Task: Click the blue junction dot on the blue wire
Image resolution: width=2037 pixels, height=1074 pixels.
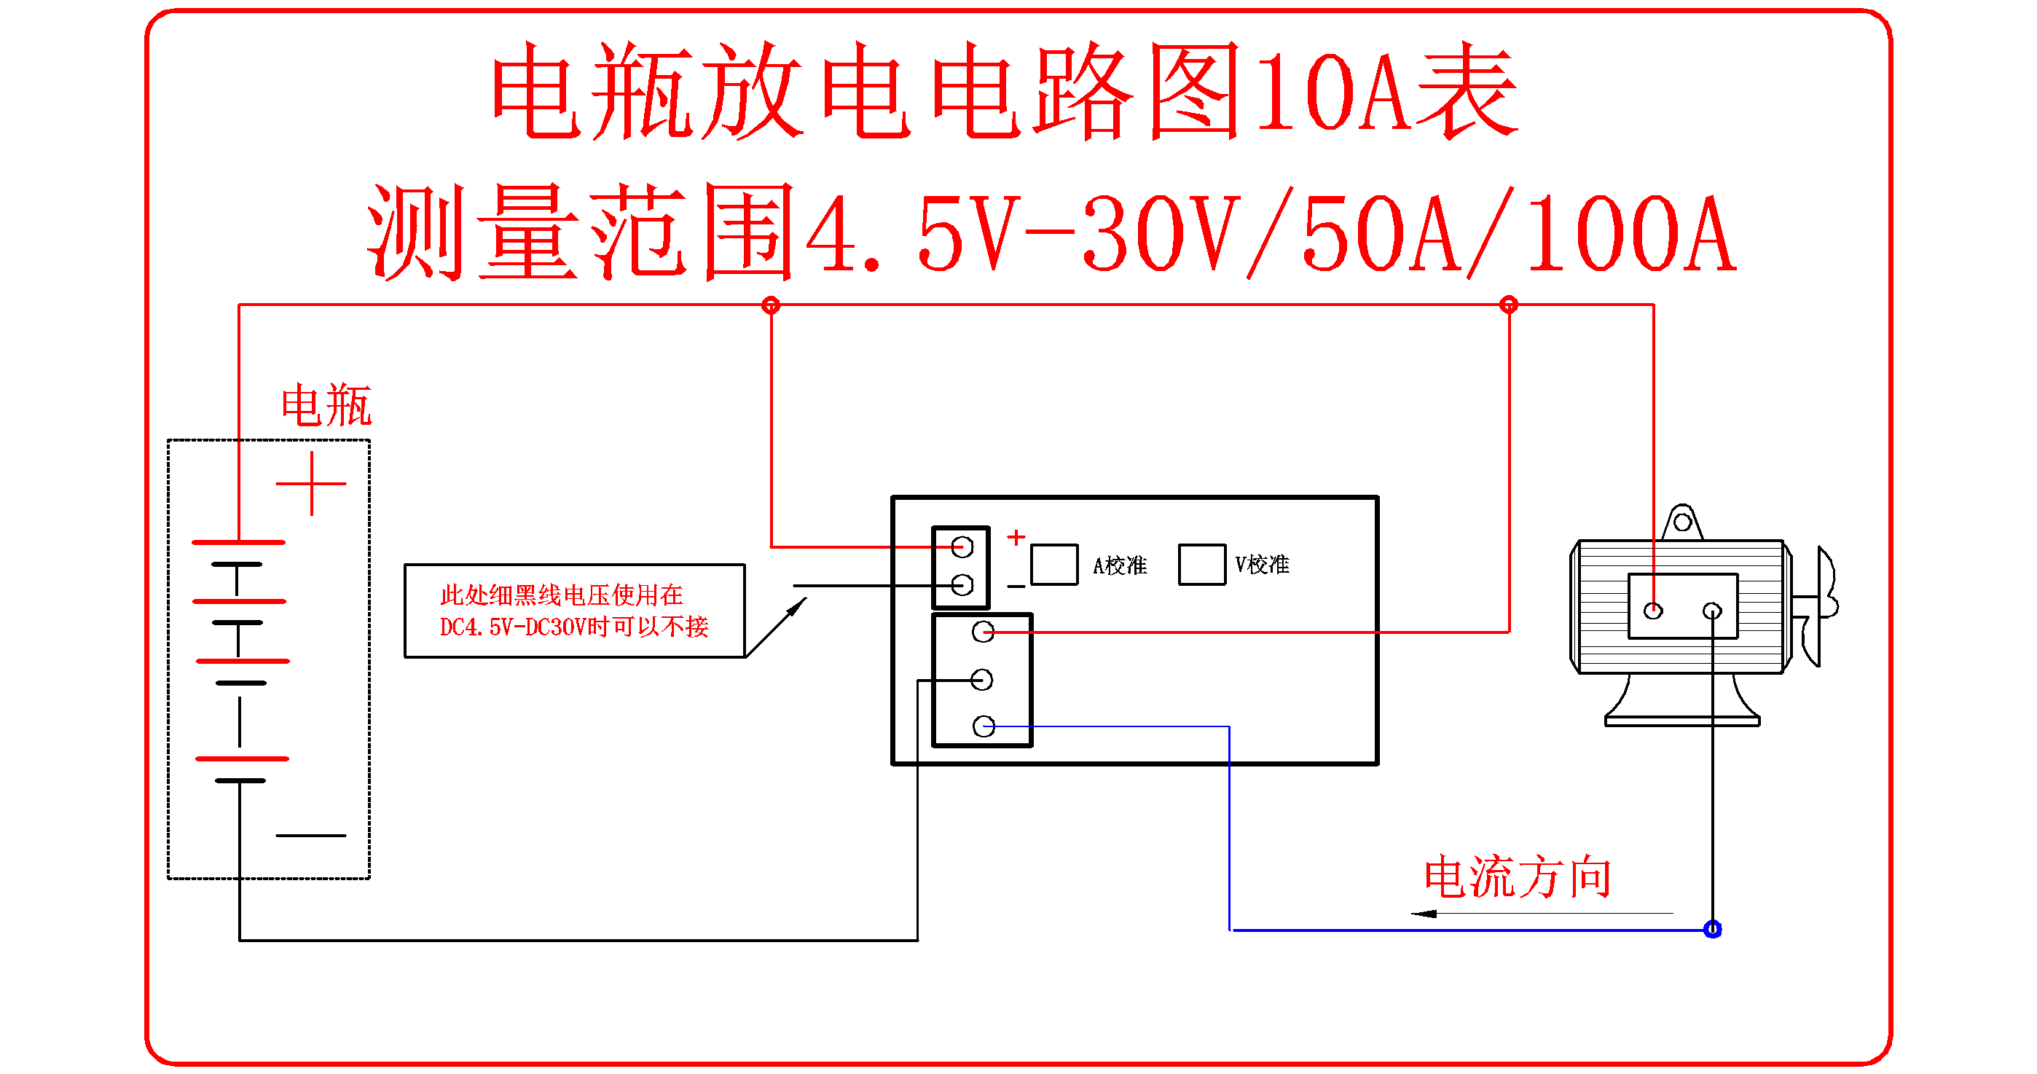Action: tap(1713, 929)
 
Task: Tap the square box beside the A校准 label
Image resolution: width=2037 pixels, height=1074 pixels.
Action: tap(1054, 565)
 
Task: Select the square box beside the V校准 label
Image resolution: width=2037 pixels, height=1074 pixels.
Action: tap(1202, 565)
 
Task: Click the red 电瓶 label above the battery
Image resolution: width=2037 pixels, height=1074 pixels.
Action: tap(326, 405)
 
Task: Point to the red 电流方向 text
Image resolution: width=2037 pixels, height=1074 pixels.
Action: tap(1518, 877)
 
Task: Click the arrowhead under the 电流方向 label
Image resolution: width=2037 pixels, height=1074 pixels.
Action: tap(1424, 914)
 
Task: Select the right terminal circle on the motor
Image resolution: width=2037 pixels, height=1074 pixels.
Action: tap(1712, 611)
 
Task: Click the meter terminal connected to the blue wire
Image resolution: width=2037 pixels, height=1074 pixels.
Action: tap(984, 726)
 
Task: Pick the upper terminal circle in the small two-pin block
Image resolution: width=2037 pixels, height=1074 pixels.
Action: tap(962, 546)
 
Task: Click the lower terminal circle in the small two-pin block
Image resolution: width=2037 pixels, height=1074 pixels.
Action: tap(962, 585)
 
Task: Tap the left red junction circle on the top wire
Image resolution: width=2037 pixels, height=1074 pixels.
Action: tap(771, 305)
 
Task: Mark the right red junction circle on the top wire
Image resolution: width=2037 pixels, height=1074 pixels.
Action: tap(1509, 305)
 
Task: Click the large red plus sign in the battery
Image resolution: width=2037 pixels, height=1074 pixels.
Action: tap(312, 483)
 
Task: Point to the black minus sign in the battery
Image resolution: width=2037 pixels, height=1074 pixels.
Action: tap(311, 835)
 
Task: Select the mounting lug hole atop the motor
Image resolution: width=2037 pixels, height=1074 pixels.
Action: tap(1683, 522)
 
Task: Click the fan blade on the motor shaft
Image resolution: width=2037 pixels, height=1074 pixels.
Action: tap(1827, 605)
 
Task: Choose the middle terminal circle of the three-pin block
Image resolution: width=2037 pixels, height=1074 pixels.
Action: tap(982, 679)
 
